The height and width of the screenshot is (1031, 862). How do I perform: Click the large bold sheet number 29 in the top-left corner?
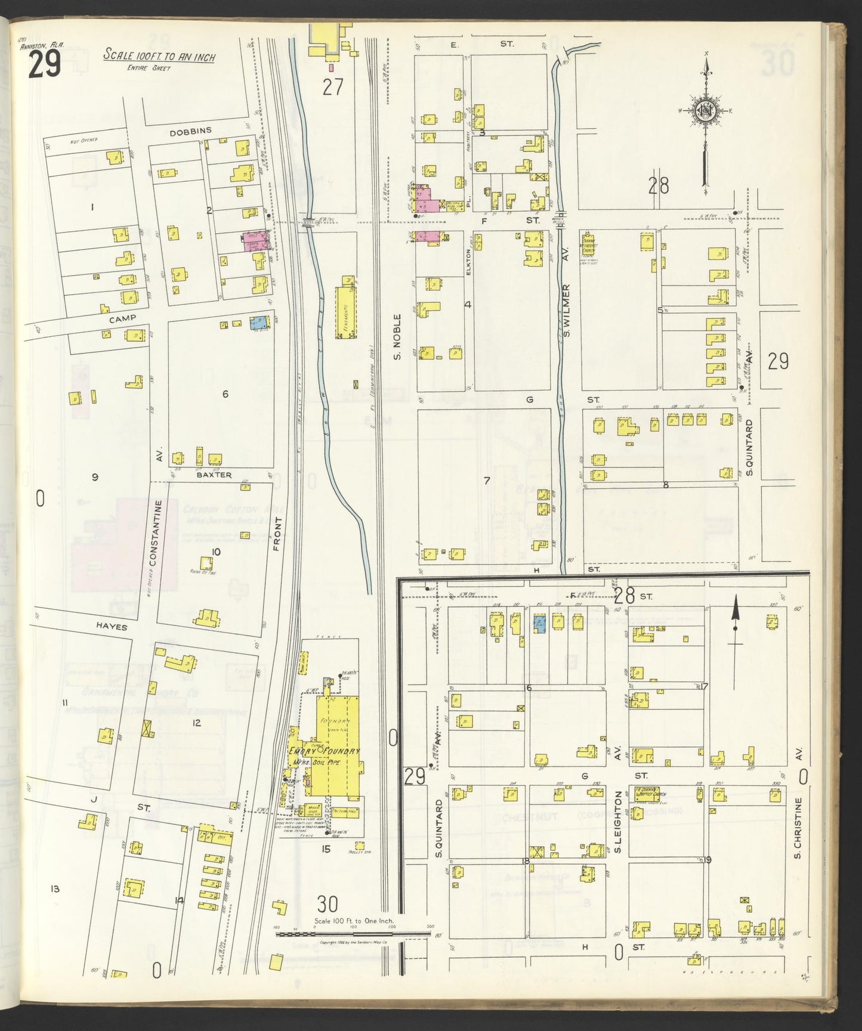(44, 65)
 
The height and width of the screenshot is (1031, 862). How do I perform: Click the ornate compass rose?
(705, 111)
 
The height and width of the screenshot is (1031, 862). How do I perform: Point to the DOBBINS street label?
(190, 132)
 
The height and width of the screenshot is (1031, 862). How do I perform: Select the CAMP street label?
(122, 318)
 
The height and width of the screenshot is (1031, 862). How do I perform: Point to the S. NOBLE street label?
(397, 337)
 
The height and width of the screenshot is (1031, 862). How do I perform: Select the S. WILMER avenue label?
(567, 310)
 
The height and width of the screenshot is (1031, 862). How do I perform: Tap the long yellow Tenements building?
(345, 311)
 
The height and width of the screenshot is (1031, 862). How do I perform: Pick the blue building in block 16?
(539, 624)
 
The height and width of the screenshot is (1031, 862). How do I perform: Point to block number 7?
(486, 481)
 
